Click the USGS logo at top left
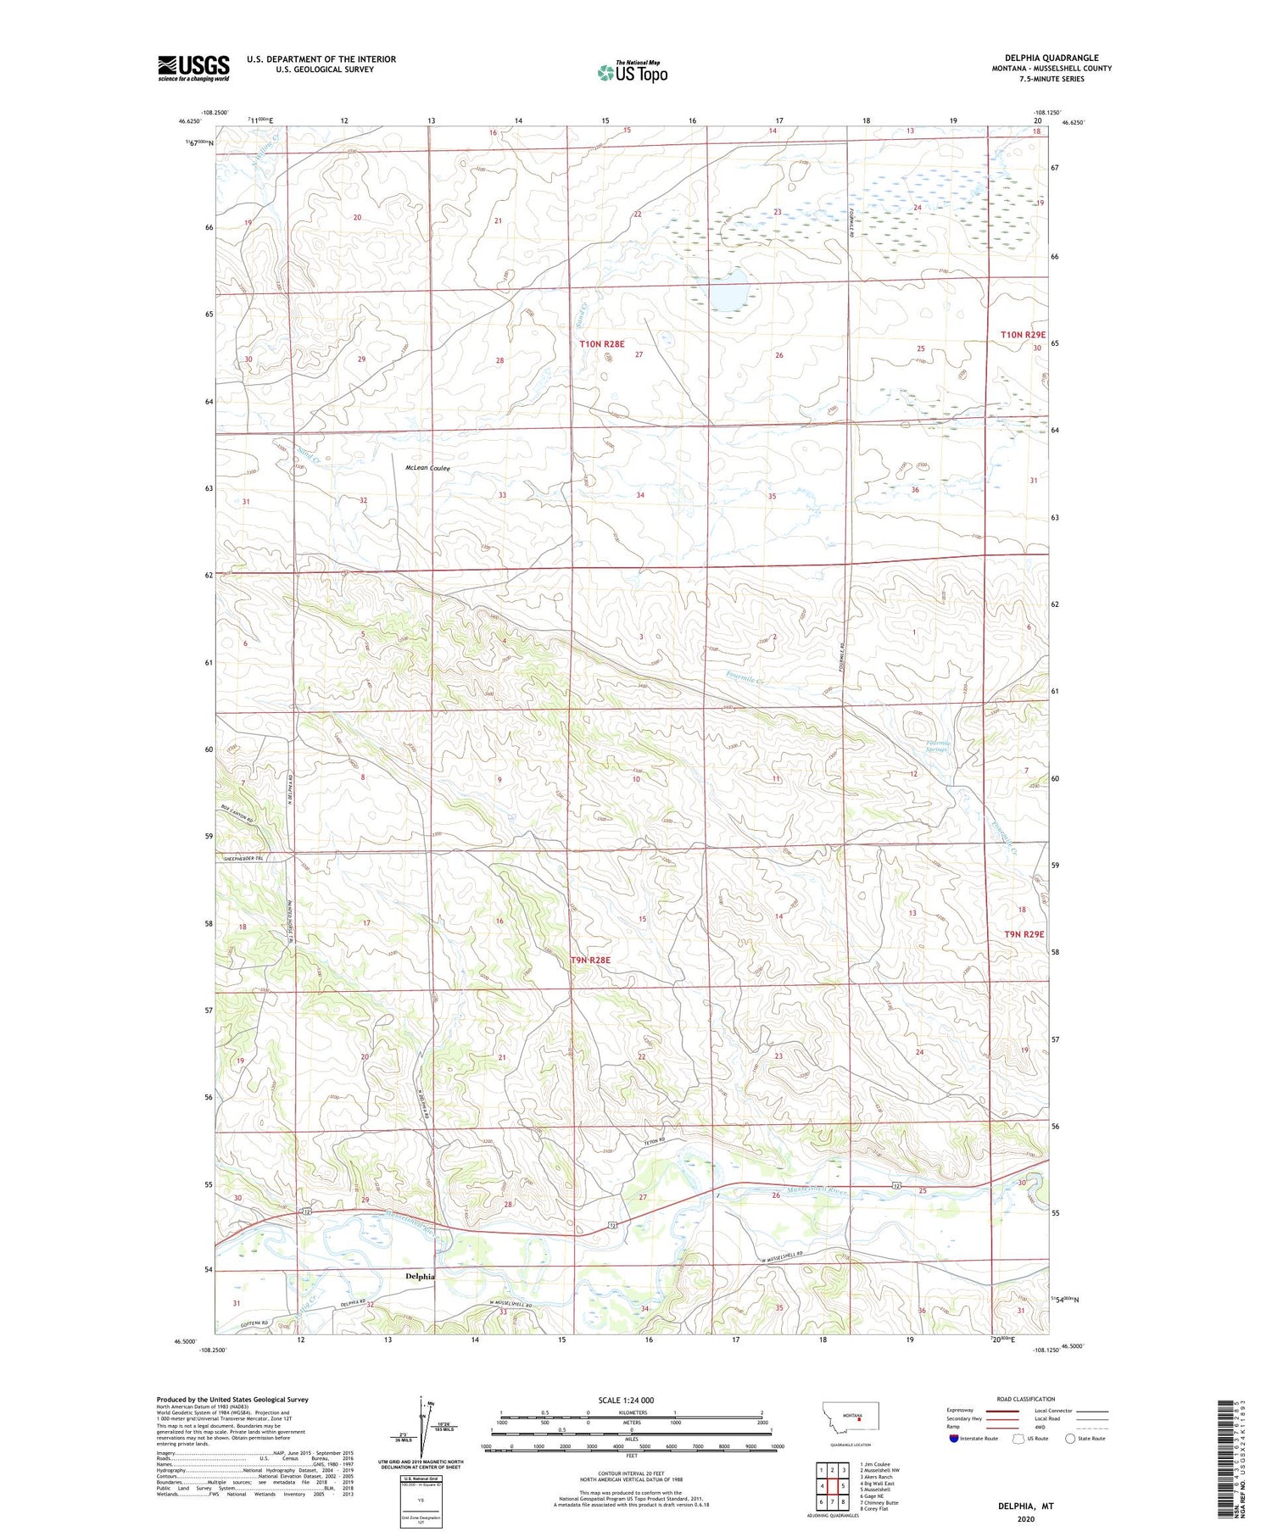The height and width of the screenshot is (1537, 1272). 193,68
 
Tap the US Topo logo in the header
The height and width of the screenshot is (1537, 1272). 632,72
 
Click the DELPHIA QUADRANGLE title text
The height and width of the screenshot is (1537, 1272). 1052,58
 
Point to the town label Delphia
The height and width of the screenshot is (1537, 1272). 420,1276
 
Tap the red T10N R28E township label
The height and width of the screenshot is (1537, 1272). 602,343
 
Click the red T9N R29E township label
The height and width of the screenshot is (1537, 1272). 1024,933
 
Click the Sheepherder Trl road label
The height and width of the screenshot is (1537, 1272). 244,858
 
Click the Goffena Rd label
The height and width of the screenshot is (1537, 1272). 242,1322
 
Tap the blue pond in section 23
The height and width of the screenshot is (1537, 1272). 729,291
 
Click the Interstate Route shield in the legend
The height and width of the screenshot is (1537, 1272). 954,1438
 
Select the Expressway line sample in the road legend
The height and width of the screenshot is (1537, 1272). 1007,1411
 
